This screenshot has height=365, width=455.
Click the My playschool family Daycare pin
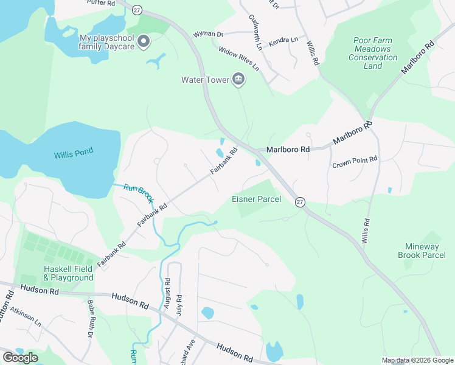point(144,41)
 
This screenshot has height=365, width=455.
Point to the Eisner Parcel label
point(256,199)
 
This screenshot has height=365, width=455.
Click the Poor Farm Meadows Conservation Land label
point(373,53)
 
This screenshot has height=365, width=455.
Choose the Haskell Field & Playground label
point(68,273)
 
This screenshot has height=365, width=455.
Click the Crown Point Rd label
point(355,162)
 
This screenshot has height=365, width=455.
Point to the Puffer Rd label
point(101,3)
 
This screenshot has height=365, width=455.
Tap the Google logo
point(19,358)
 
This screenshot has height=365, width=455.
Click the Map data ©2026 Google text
point(418,360)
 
